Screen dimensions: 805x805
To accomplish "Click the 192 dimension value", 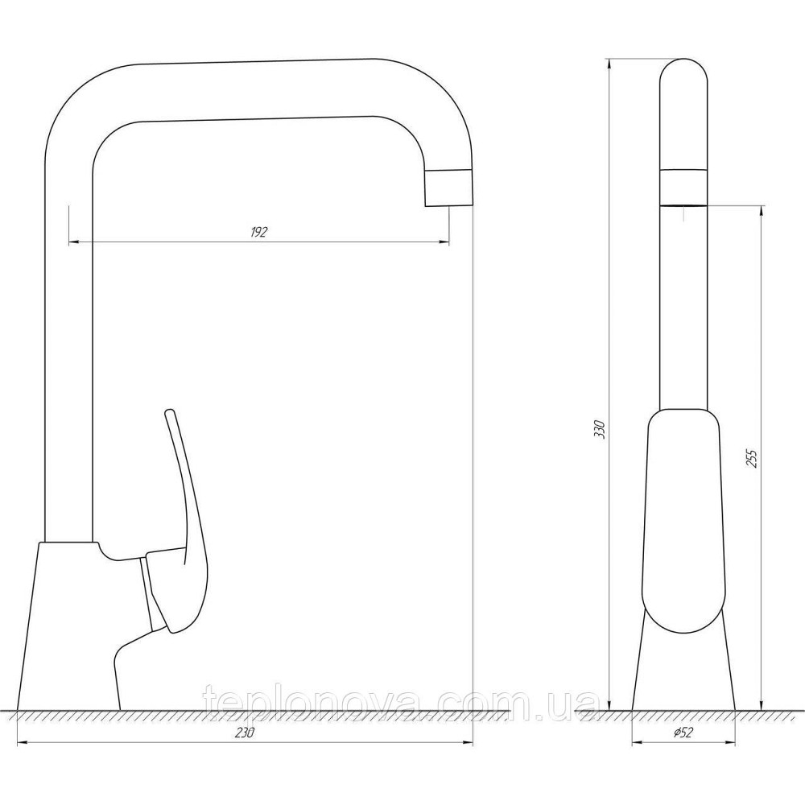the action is (x=259, y=232).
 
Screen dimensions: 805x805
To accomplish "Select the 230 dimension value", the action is (x=245, y=733).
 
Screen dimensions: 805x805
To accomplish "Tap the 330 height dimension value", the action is (x=601, y=429).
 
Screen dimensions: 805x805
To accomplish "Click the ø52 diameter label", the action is (x=683, y=733).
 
